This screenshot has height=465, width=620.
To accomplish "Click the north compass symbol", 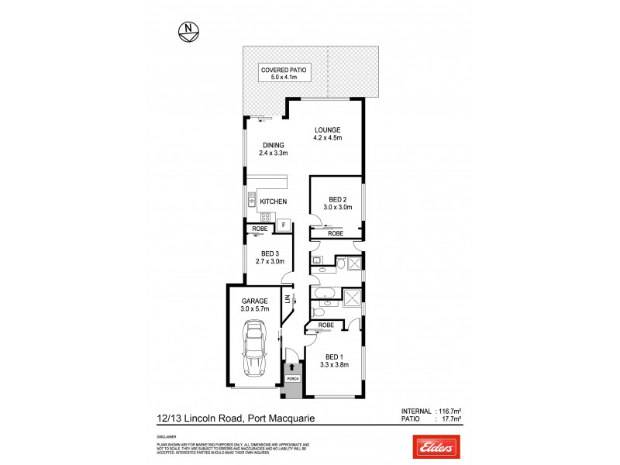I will point(188,32).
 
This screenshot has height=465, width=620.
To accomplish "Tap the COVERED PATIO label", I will point(284,70).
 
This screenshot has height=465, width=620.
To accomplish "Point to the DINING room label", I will point(273,145).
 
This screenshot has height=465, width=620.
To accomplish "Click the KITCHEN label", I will point(274,202).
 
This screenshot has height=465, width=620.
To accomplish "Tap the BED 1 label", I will point(335,356).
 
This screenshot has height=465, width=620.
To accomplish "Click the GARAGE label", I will point(254,301).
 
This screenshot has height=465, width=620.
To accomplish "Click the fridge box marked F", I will point(284,226).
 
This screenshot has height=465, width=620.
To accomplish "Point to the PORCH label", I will point(292,378).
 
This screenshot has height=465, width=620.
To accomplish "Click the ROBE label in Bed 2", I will point(336,233).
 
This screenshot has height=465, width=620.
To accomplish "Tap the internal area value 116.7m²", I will point(448,411).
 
